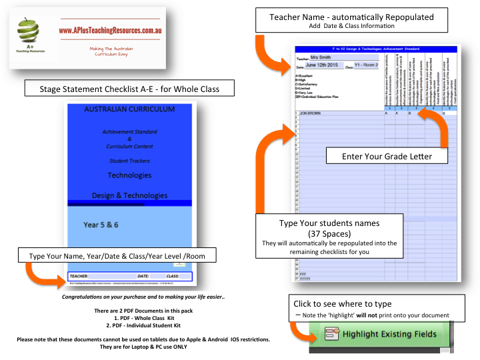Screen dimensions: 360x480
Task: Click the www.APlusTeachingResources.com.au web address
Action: point(111,31)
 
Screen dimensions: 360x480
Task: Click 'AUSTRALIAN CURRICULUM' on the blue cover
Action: point(129,109)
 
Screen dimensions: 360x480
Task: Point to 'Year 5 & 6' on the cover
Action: point(101,225)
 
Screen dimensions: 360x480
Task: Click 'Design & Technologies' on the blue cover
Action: point(129,195)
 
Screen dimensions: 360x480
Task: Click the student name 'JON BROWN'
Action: point(311,113)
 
